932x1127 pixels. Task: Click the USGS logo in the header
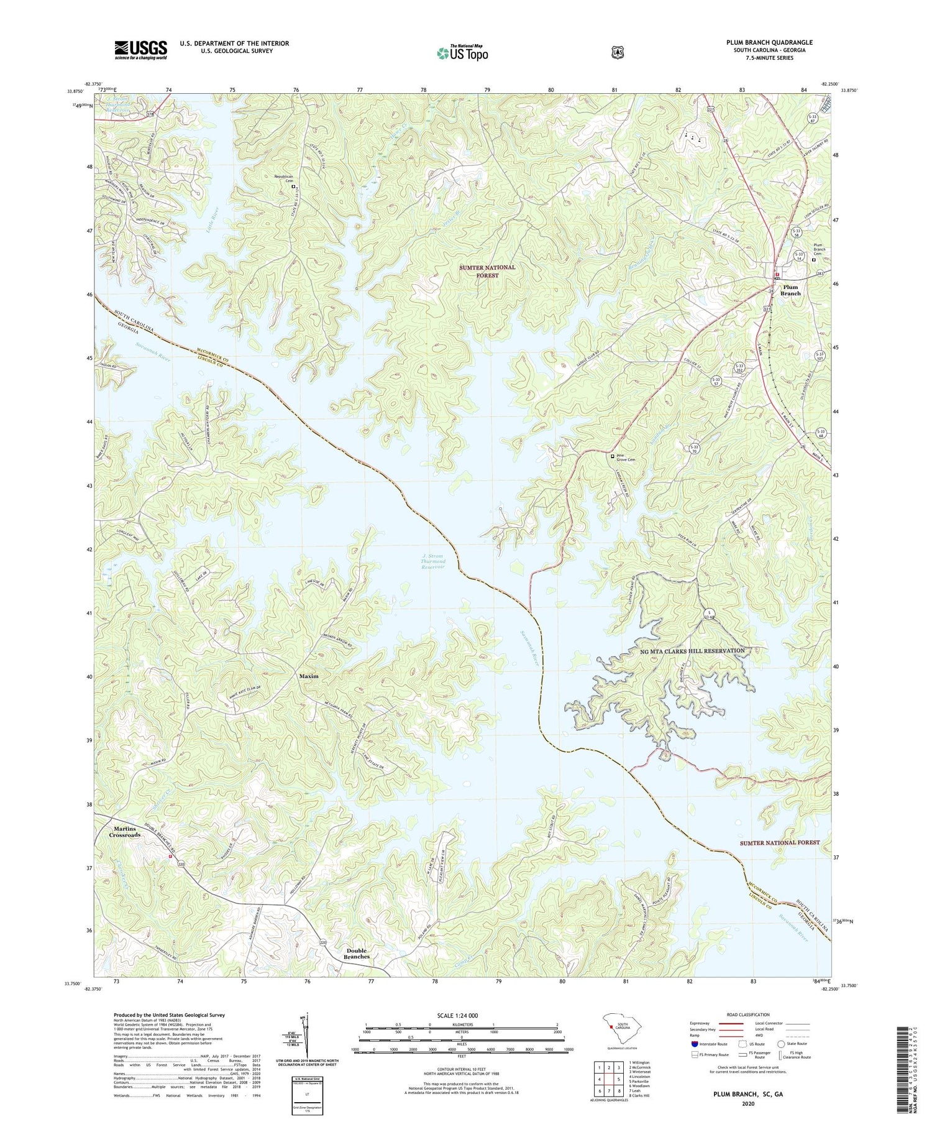pyautogui.click(x=140, y=50)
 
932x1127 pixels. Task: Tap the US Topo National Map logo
pyautogui.click(x=462, y=52)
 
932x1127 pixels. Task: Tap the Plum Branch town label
pyautogui.click(x=790, y=290)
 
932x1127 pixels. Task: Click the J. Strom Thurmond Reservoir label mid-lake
pyautogui.click(x=433, y=561)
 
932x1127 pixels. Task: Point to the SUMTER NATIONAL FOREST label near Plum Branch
pyautogui.click(x=487, y=271)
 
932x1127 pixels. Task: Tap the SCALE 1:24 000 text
pyautogui.click(x=461, y=1015)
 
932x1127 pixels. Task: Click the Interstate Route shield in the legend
pyautogui.click(x=694, y=1044)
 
